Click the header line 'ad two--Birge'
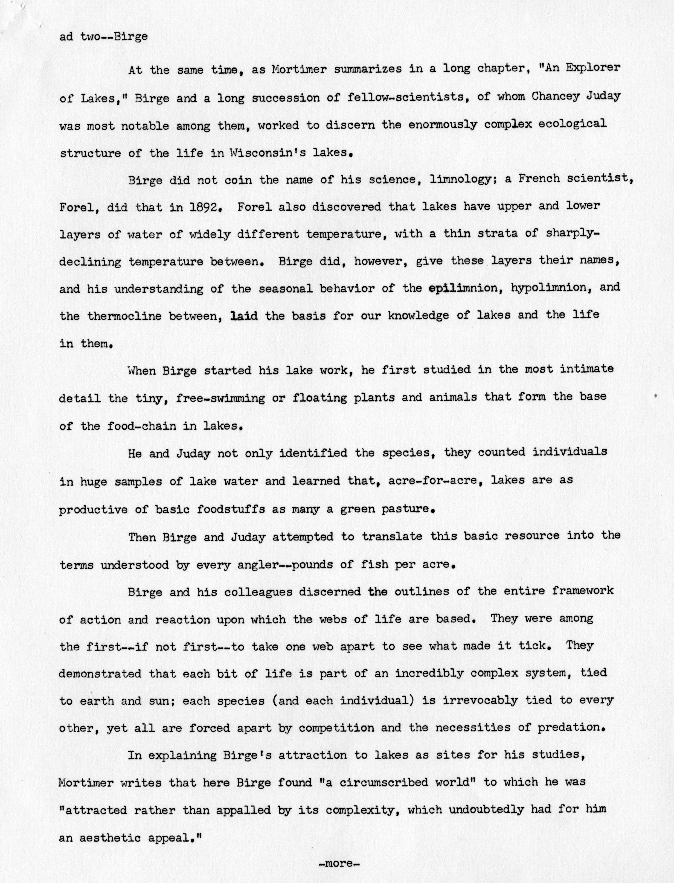pos(103,37)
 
